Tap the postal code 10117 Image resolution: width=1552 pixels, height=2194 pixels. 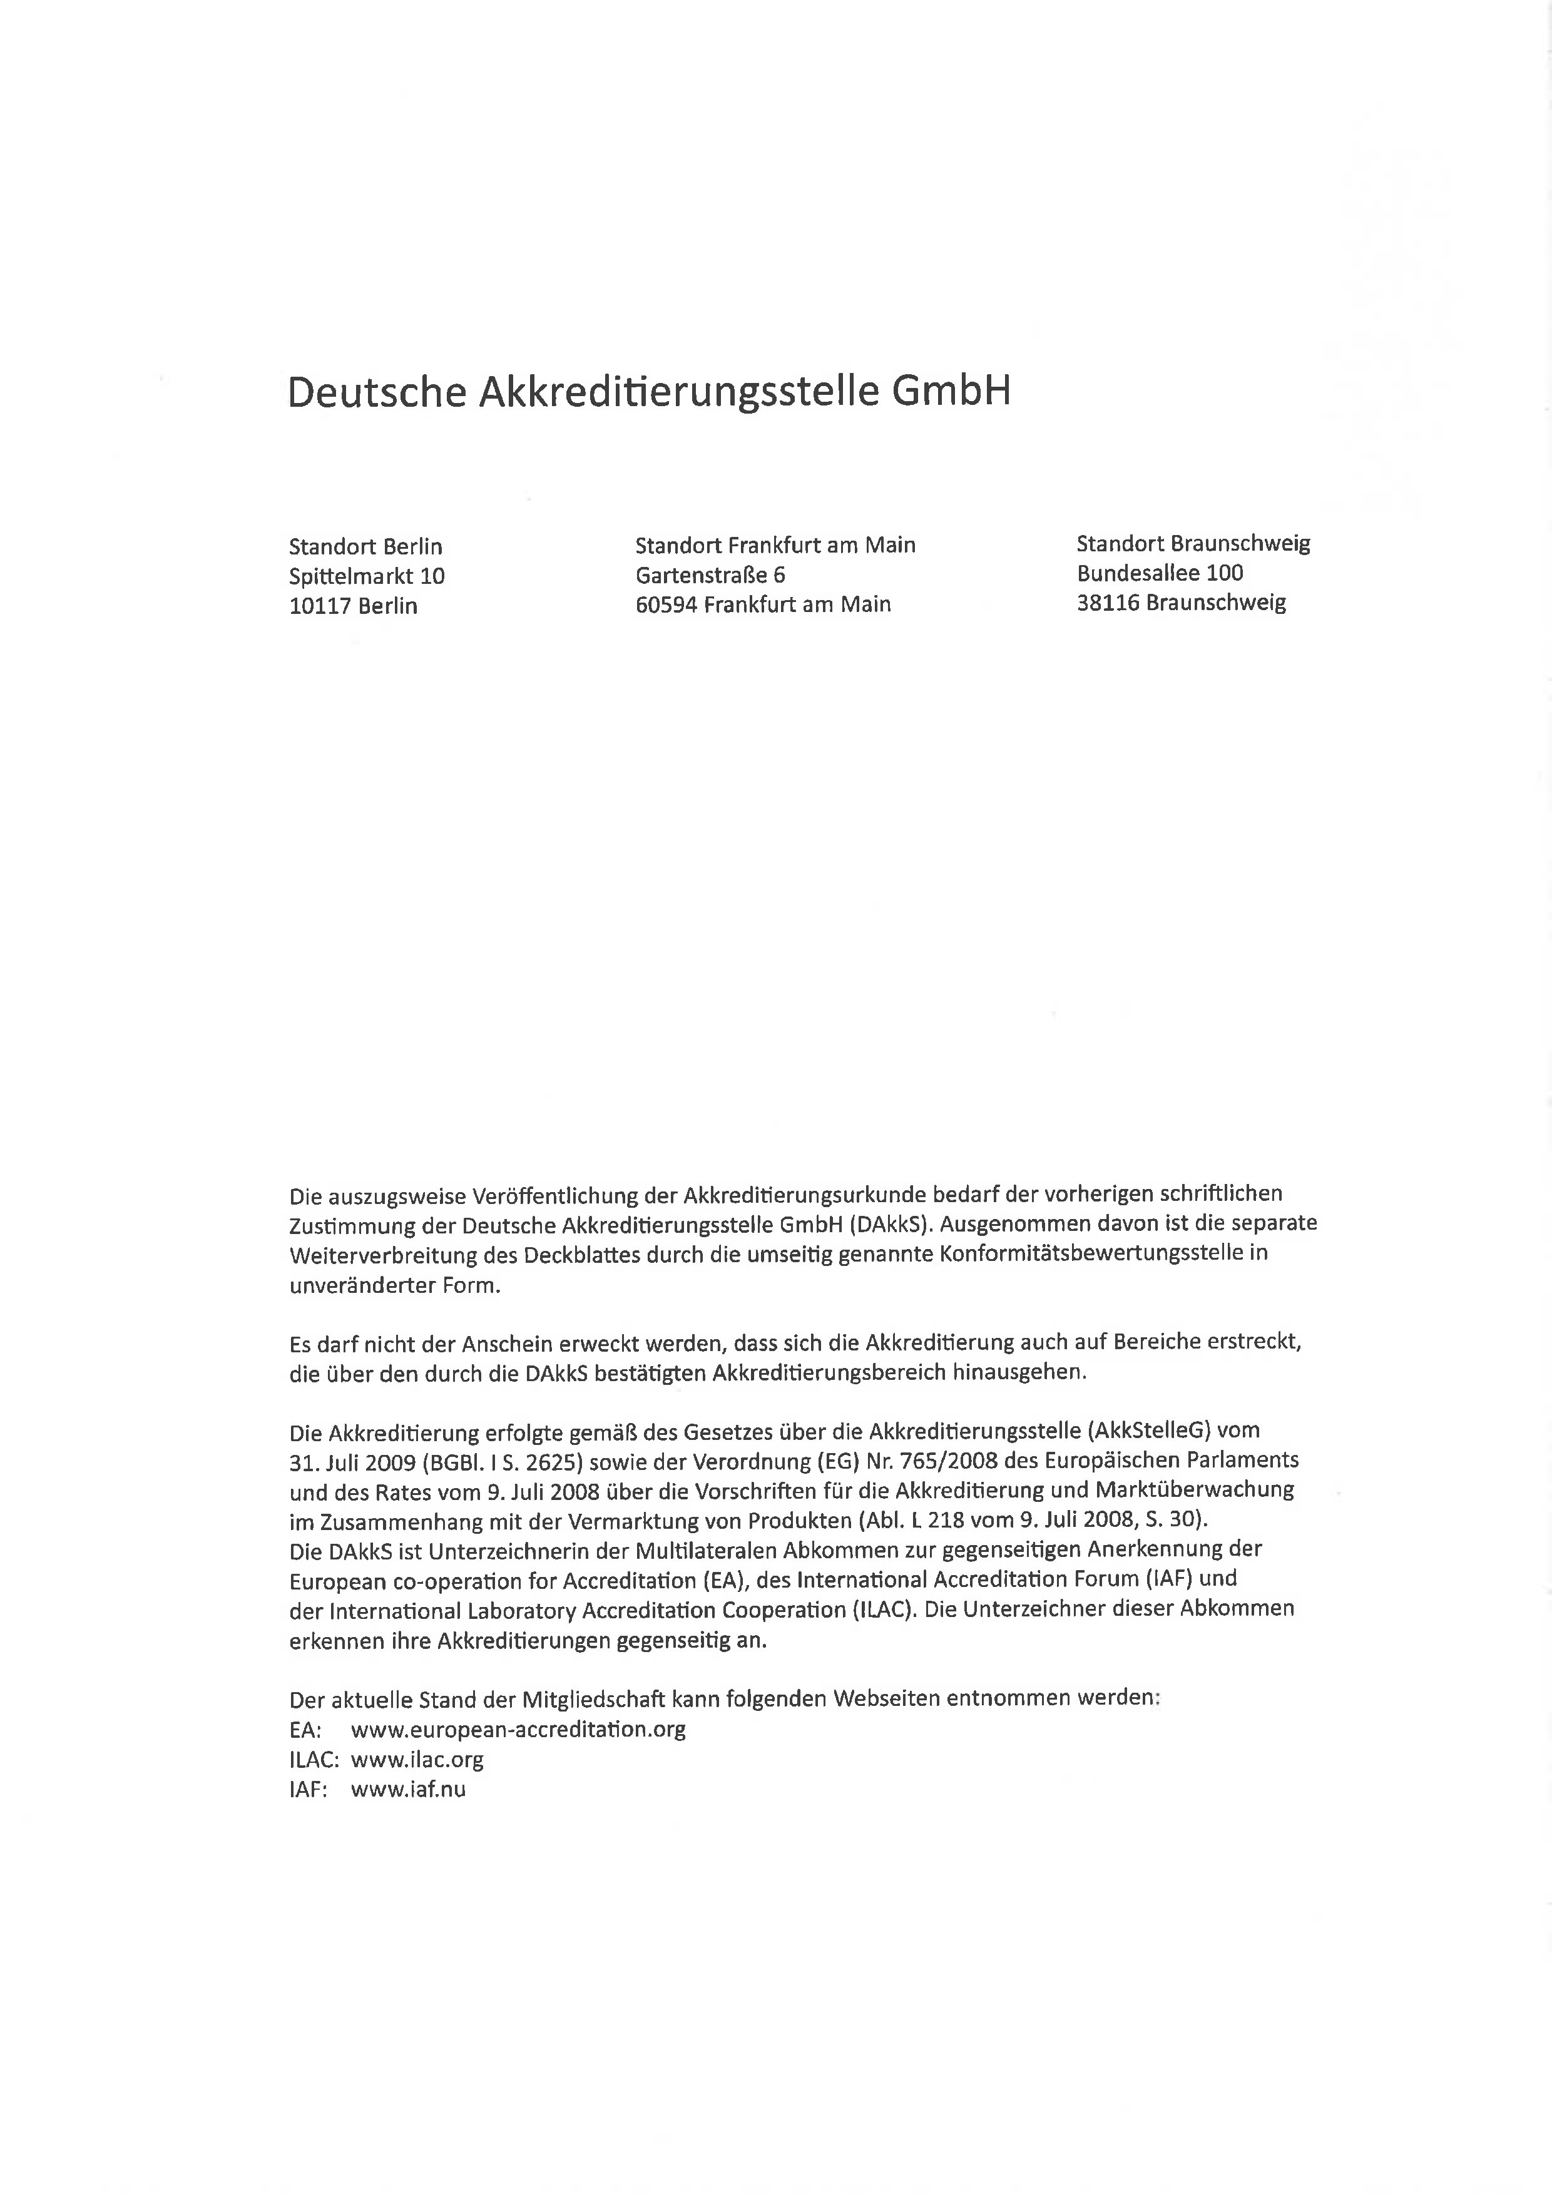tap(320, 606)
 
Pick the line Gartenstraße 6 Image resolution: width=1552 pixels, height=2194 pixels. tap(710, 575)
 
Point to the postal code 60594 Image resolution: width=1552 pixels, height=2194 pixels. tap(665, 604)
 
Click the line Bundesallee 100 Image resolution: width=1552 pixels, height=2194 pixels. tap(1159, 573)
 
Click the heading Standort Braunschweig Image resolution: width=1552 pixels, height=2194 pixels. tap(1193, 544)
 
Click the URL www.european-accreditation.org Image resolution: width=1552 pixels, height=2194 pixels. tap(518, 1728)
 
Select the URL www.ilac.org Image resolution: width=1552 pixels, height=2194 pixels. tap(417, 1758)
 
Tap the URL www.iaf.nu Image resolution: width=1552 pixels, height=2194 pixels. tap(408, 1789)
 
